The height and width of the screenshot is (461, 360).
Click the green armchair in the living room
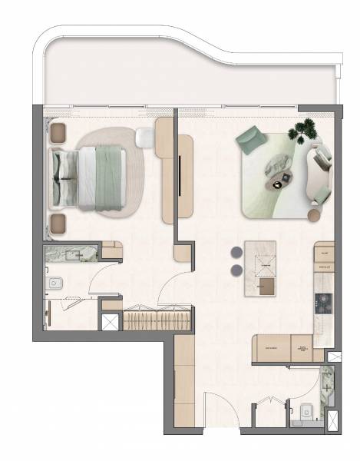point(250,139)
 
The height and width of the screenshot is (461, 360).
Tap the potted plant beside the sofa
point(303,130)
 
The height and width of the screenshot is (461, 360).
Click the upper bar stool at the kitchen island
point(235,253)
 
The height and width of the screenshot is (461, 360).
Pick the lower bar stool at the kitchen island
point(235,270)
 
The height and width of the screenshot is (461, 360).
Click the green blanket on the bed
point(109,178)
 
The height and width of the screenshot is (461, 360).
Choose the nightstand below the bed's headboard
point(58,224)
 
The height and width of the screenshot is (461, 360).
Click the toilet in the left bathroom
point(53,284)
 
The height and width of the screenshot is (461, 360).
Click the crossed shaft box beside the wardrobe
point(111,322)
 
